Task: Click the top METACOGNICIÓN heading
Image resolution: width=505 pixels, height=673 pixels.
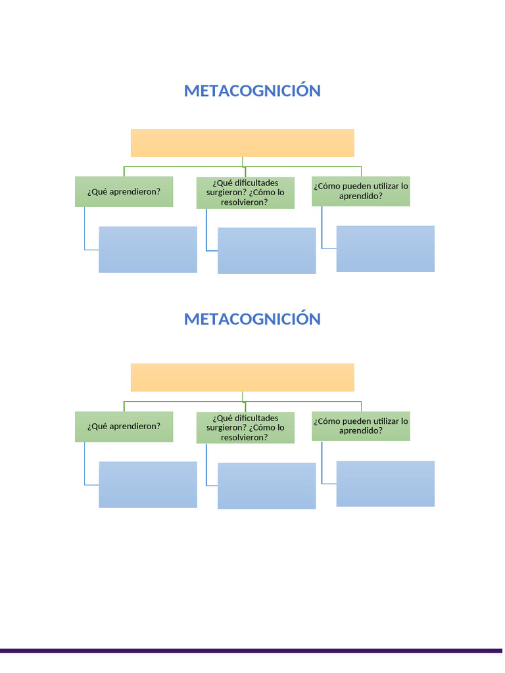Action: pyautogui.click(x=252, y=91)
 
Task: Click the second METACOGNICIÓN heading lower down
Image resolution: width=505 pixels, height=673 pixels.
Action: pyautogui.click(x=252, y=319)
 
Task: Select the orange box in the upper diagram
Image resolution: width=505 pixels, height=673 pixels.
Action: pyautogui.click(x=242, y=143)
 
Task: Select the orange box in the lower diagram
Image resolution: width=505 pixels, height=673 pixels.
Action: pyautogui.click(x=242, y=377)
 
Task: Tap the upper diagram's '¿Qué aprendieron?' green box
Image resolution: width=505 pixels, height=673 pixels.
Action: pyautogui.click(x=124, y=191)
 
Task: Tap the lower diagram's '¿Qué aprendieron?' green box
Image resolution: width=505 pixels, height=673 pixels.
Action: pyautogui.click(x=124, y=426)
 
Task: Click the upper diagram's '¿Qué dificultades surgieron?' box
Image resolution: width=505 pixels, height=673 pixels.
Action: pyautogui.click(x=245, y=192)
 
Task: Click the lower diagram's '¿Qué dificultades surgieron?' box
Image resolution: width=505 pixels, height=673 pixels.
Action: pyautogui.click(x=245, y=427)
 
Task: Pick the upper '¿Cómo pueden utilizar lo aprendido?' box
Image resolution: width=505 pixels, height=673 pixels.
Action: pyautogui.click(x=360, y=191)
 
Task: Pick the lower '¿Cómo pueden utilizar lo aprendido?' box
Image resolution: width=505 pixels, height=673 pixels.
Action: pyautogui.click(x=360, y=425)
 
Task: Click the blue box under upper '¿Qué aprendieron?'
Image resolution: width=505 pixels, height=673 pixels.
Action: pyautogui.click(x=148, y=249)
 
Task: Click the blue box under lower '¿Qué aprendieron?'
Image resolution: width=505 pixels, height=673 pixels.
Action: pyautogui.click(x=148, y=484)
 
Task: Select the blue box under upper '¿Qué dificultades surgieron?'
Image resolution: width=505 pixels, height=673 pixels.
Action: pyautogui.click(x=266, y=250)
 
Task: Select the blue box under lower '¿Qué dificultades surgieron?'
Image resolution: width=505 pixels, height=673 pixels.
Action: pyautogui.click(x=266, y=486)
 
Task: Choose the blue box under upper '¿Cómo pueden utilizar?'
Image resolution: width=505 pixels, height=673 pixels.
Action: pyautogui.click(x=385, y=248)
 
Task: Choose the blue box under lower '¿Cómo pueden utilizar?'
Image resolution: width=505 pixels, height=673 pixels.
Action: pyautogui.click(x=385, y=484)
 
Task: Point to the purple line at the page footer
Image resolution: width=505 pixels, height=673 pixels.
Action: pyautogui.click(x=252, y=651)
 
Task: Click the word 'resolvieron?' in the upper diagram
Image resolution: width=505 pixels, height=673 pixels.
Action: pyautogui.click(x=245, y=202)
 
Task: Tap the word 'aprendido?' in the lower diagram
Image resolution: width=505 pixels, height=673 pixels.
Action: pyautogui.click(x=361, y=430)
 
